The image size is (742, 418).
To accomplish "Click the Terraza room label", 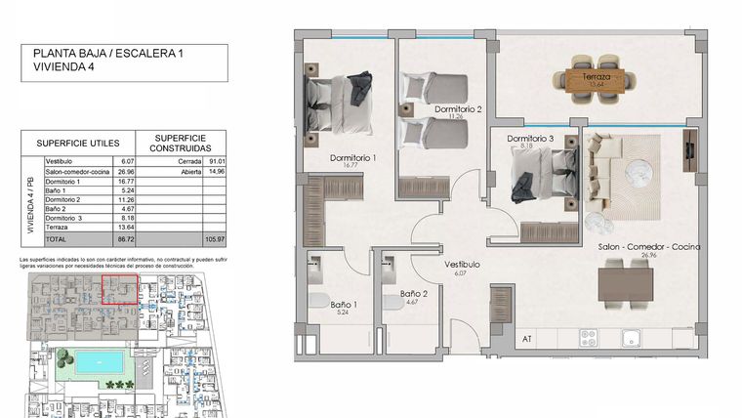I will pyautogui.click(x=597, y=76).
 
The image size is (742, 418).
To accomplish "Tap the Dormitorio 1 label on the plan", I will pyautogui.click(x=353, y=157).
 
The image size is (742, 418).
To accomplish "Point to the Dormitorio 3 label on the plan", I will pyautogui.click(x=530, y=139).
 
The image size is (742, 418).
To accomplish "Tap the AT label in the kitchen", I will pyautogui.click(x=527, y=339).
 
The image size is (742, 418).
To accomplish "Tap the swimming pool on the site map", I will pyautogui.click(x=97, y=361).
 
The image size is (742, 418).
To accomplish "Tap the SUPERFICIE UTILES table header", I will pyautogui.click(x=77, y=142).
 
